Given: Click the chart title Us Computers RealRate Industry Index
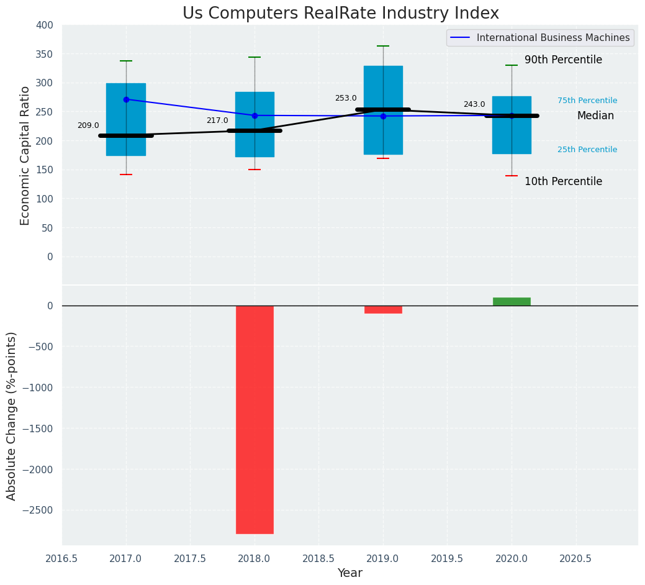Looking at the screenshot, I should click(x=340, y=14).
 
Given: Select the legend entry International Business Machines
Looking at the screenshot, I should click(x=553, y=38).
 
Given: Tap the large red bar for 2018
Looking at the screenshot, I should click(x=255, y=419).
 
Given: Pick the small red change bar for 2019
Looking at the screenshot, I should click(x=383, y=309).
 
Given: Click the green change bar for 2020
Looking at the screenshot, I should click(x=512, y=302).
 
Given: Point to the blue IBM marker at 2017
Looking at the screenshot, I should click(x=126, y=99).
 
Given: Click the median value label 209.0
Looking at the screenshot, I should click(x=88, y=125).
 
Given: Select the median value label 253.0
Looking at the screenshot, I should click(x=346, y=98).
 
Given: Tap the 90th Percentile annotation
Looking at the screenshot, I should click(x=563, y=60).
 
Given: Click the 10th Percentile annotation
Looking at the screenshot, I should click(x=563, y=182).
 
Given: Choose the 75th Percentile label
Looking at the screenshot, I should click(x=587, y=101).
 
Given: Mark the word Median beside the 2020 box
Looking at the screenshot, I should click(x=595, y=116).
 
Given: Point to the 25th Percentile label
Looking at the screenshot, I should click(x=587, y=150).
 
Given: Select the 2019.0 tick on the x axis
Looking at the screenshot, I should click(x=383, y=559).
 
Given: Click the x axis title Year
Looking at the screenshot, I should click(x=350, y=573).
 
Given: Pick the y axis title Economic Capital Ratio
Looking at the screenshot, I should click(x=25, y=155).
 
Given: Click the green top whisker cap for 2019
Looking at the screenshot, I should click(x=383, y=46).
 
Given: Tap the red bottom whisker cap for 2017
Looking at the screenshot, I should click(x=126, y=175).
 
